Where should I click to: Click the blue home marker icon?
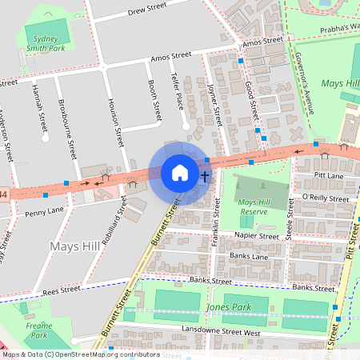tap(180, 173)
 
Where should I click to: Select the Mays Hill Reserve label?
tap(258, 207)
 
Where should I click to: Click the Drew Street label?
tap(146, 8)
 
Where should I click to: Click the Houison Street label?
tap(116, 121)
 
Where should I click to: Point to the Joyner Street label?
tap(214, 104)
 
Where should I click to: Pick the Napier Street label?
tap(256, 236)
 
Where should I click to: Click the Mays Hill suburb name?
tap(74, 245)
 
